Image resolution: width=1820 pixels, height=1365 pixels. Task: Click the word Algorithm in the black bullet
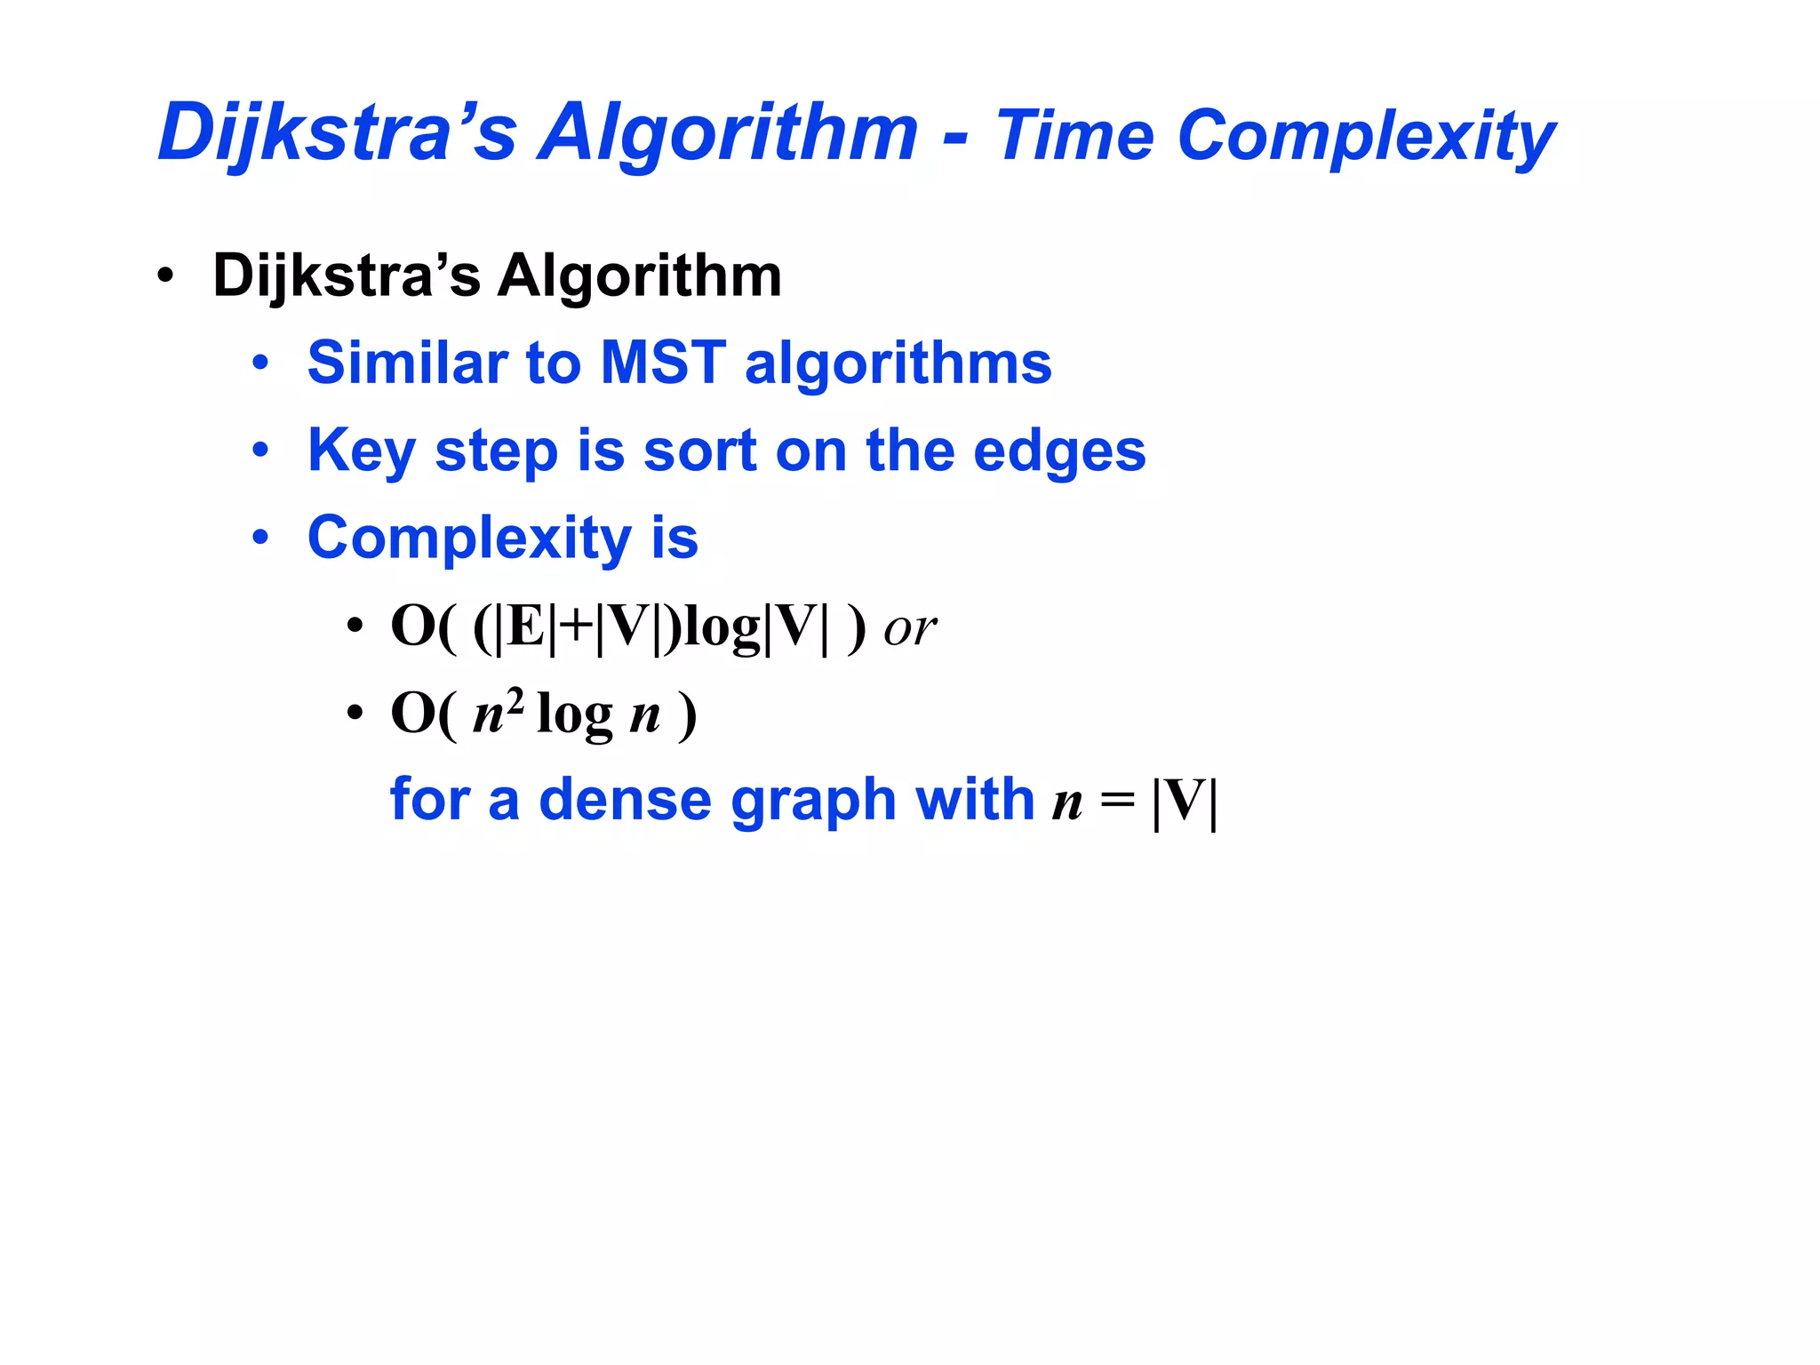pos(639,275)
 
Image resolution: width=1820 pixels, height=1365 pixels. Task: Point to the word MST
pos(663,363)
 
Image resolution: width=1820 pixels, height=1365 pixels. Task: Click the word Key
pos(361,451)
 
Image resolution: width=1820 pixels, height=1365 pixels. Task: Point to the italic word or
pos(909,628)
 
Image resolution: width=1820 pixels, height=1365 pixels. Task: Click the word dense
pos(625,799)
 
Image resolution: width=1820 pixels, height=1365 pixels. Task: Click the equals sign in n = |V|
pos(1117,801)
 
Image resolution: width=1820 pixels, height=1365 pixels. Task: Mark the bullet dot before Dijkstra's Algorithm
pos(164,275)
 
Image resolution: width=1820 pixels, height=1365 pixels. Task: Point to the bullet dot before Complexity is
pos(259,538)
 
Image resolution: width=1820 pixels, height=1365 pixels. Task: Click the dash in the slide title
pos(955,139)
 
